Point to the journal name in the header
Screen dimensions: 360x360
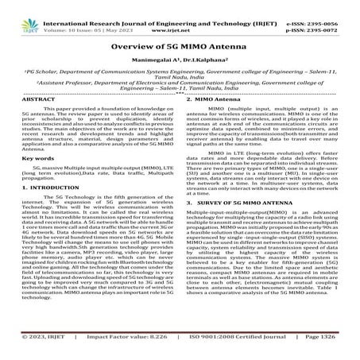click(x=180, y=6)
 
